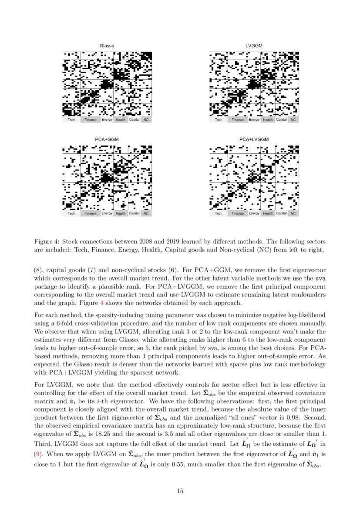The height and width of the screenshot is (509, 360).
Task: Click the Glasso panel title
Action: pyautogui.click(x=107, y=46)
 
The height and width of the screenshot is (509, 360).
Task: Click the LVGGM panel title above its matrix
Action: pyautogui.click(x=254, y=46)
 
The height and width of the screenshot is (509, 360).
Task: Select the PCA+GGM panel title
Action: pyautogui.click(x=107, y=139)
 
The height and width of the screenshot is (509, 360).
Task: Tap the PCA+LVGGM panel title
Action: pyautogui.click(x=254, y=139)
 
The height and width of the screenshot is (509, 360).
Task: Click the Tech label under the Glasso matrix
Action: pyautogui.click(x=71, y=120)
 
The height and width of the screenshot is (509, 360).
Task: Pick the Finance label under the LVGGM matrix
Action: pyautogui.click(x=238, y=120)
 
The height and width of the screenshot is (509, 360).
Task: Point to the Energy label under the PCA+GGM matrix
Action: pyautogui.click(x=107, y=213)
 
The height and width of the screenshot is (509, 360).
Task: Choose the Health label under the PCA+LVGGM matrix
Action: pyautogui.click(x=268, y=213)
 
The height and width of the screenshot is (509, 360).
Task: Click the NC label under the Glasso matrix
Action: pyautogui.click(x=146, y=120)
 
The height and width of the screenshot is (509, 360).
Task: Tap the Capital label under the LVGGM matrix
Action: pyautogui.click(x=281, y=120)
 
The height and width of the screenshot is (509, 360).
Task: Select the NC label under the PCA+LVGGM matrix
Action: pyautogui.click(x=293, y=213)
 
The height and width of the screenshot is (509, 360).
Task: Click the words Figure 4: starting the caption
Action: pyautogui.click(x=46, y=241)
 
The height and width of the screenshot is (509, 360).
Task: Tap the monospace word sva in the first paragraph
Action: pyautogui.click(x=320, y=278)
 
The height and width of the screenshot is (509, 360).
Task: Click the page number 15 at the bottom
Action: pyautogui.click(x=180, y=491)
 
